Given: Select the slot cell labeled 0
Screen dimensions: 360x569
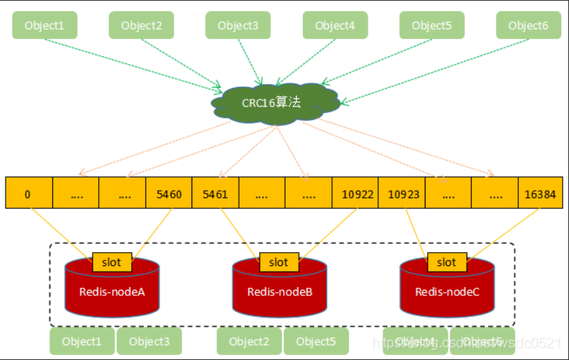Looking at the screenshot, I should (x=28, y=194).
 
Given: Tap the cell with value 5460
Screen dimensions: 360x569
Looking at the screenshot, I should (x=168, y=194).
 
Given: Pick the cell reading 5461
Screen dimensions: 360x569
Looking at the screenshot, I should (x=215, y=194).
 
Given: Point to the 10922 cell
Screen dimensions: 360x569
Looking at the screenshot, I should (x=354, y=194).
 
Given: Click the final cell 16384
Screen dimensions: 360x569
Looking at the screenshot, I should (x=541, y=194).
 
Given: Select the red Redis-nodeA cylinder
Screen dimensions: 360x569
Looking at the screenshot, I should (x=112, y=292).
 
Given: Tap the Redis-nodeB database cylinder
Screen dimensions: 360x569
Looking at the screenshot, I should (x=279, y=292).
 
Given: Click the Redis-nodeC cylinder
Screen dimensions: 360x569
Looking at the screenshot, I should (x=447, y=292).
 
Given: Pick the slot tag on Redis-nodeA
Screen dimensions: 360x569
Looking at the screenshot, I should (x=111, y=262).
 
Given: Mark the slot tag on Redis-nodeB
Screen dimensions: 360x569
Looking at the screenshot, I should (x=279, y=262).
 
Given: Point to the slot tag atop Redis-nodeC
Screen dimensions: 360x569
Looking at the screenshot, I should (x=446, y=262).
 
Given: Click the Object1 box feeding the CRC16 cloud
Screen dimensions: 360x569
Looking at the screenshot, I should (x=45, y=25).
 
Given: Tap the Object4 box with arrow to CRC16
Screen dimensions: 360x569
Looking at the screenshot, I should (x=335, y=25).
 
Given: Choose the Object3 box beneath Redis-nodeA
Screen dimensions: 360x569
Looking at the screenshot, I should (x=149, y=341).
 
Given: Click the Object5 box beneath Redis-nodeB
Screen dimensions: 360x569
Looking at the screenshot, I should (x=316, y=341).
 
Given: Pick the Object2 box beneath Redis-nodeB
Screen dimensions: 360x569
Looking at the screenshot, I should (x=249, y=341).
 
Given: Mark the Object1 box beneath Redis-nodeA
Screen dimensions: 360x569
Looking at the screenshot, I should (x=81, y=341).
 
